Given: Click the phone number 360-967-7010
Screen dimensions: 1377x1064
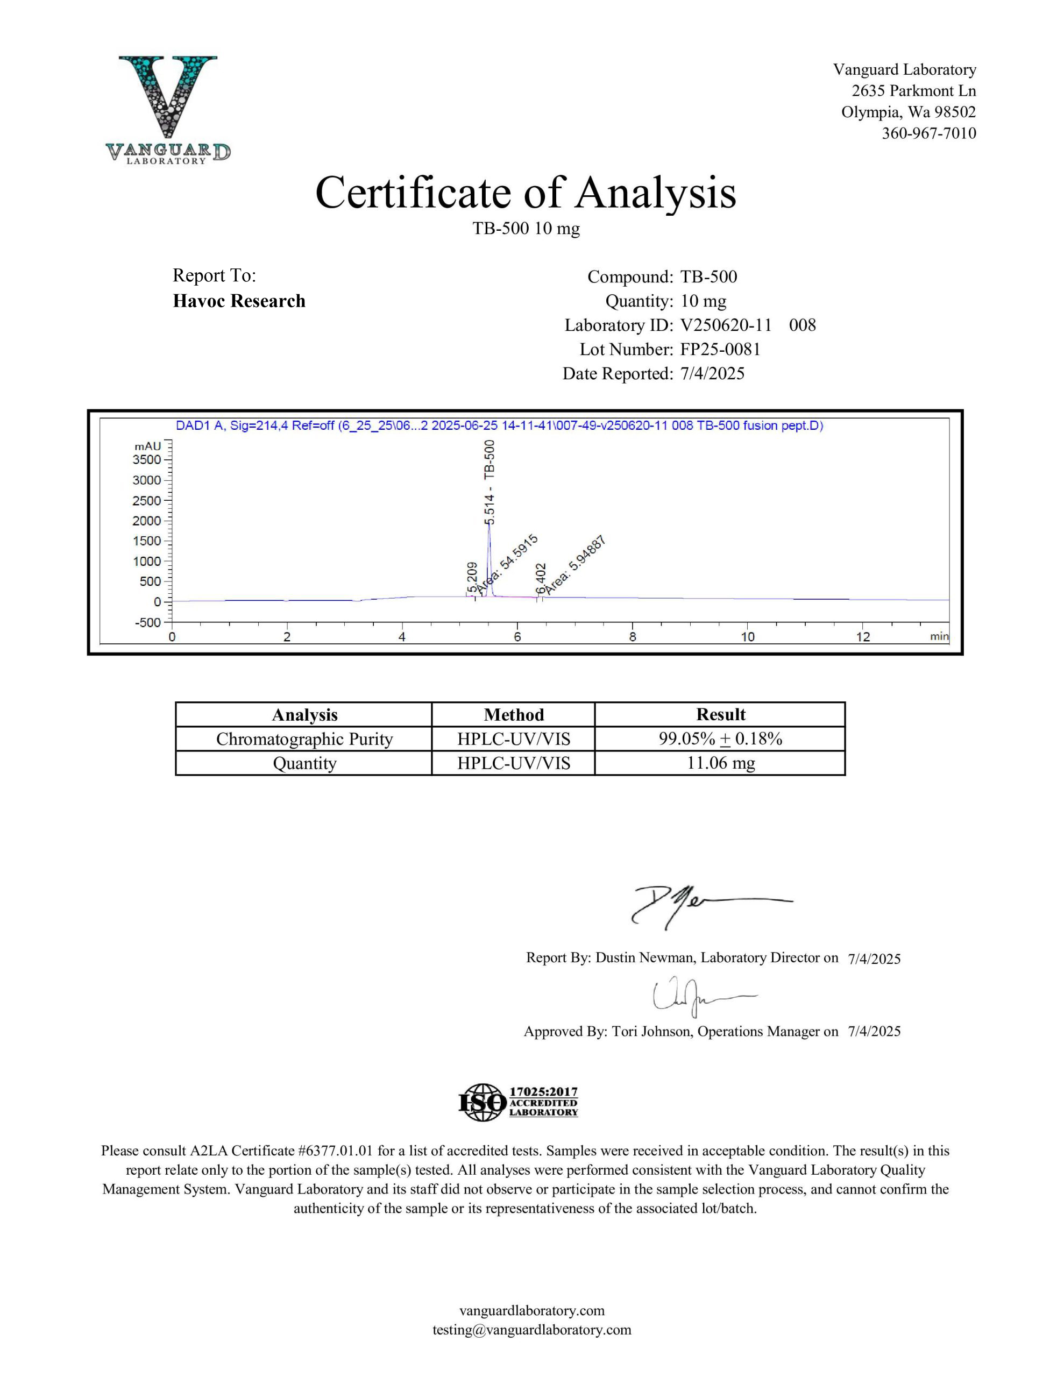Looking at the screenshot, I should coord(928,133).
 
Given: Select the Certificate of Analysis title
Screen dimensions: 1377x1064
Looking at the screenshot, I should coord(526,193).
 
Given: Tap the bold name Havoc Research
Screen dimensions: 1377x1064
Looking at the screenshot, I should coord(239,301).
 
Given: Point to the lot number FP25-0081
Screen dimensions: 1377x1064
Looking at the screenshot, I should coord(720,349).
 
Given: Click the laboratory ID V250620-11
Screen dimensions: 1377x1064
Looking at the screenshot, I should coord(725,325).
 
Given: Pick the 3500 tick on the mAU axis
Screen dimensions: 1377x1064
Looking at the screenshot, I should coord(147,460).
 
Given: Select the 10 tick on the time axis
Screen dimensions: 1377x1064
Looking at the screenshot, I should coord(747,637).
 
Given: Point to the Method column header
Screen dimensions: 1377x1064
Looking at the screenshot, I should coord(513,714).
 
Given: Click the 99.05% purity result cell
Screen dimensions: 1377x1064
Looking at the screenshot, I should coord(720,739).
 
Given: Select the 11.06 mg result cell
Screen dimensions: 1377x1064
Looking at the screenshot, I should coord(720,763).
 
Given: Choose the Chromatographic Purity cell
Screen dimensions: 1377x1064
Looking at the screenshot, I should coord(304,739).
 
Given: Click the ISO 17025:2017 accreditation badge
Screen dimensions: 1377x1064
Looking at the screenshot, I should coord(518,1102).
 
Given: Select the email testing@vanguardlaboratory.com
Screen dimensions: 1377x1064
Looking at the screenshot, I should coord(531,1330).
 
